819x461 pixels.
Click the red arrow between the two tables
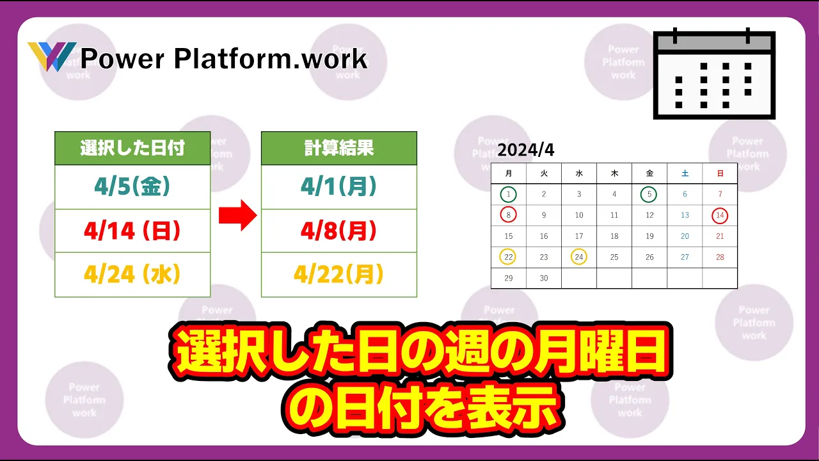[237, 215]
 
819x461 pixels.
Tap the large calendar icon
[714, 74]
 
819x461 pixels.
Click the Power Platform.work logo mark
[52, 56]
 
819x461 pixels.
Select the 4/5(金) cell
[132, 187]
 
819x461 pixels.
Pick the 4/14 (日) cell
[132, 231]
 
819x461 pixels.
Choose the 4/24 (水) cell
[132, 275]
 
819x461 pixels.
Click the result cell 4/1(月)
[339, 187]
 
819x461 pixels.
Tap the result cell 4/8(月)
[339, 231]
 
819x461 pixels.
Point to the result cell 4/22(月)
[339, 275]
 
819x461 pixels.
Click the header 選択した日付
[132, 148]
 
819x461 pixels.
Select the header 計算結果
[339, 148]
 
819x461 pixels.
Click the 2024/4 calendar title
[526, 150]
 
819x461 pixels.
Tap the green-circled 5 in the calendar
[649, 194]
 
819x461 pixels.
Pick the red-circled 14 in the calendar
[720, 215]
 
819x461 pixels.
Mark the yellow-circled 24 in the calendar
[579, 257]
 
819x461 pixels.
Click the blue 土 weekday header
[685, 174]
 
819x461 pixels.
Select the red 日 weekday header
[720, 174]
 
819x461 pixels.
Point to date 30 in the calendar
[544, 278]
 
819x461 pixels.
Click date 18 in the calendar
[614, 236]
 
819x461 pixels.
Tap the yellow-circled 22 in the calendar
[508, 257]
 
